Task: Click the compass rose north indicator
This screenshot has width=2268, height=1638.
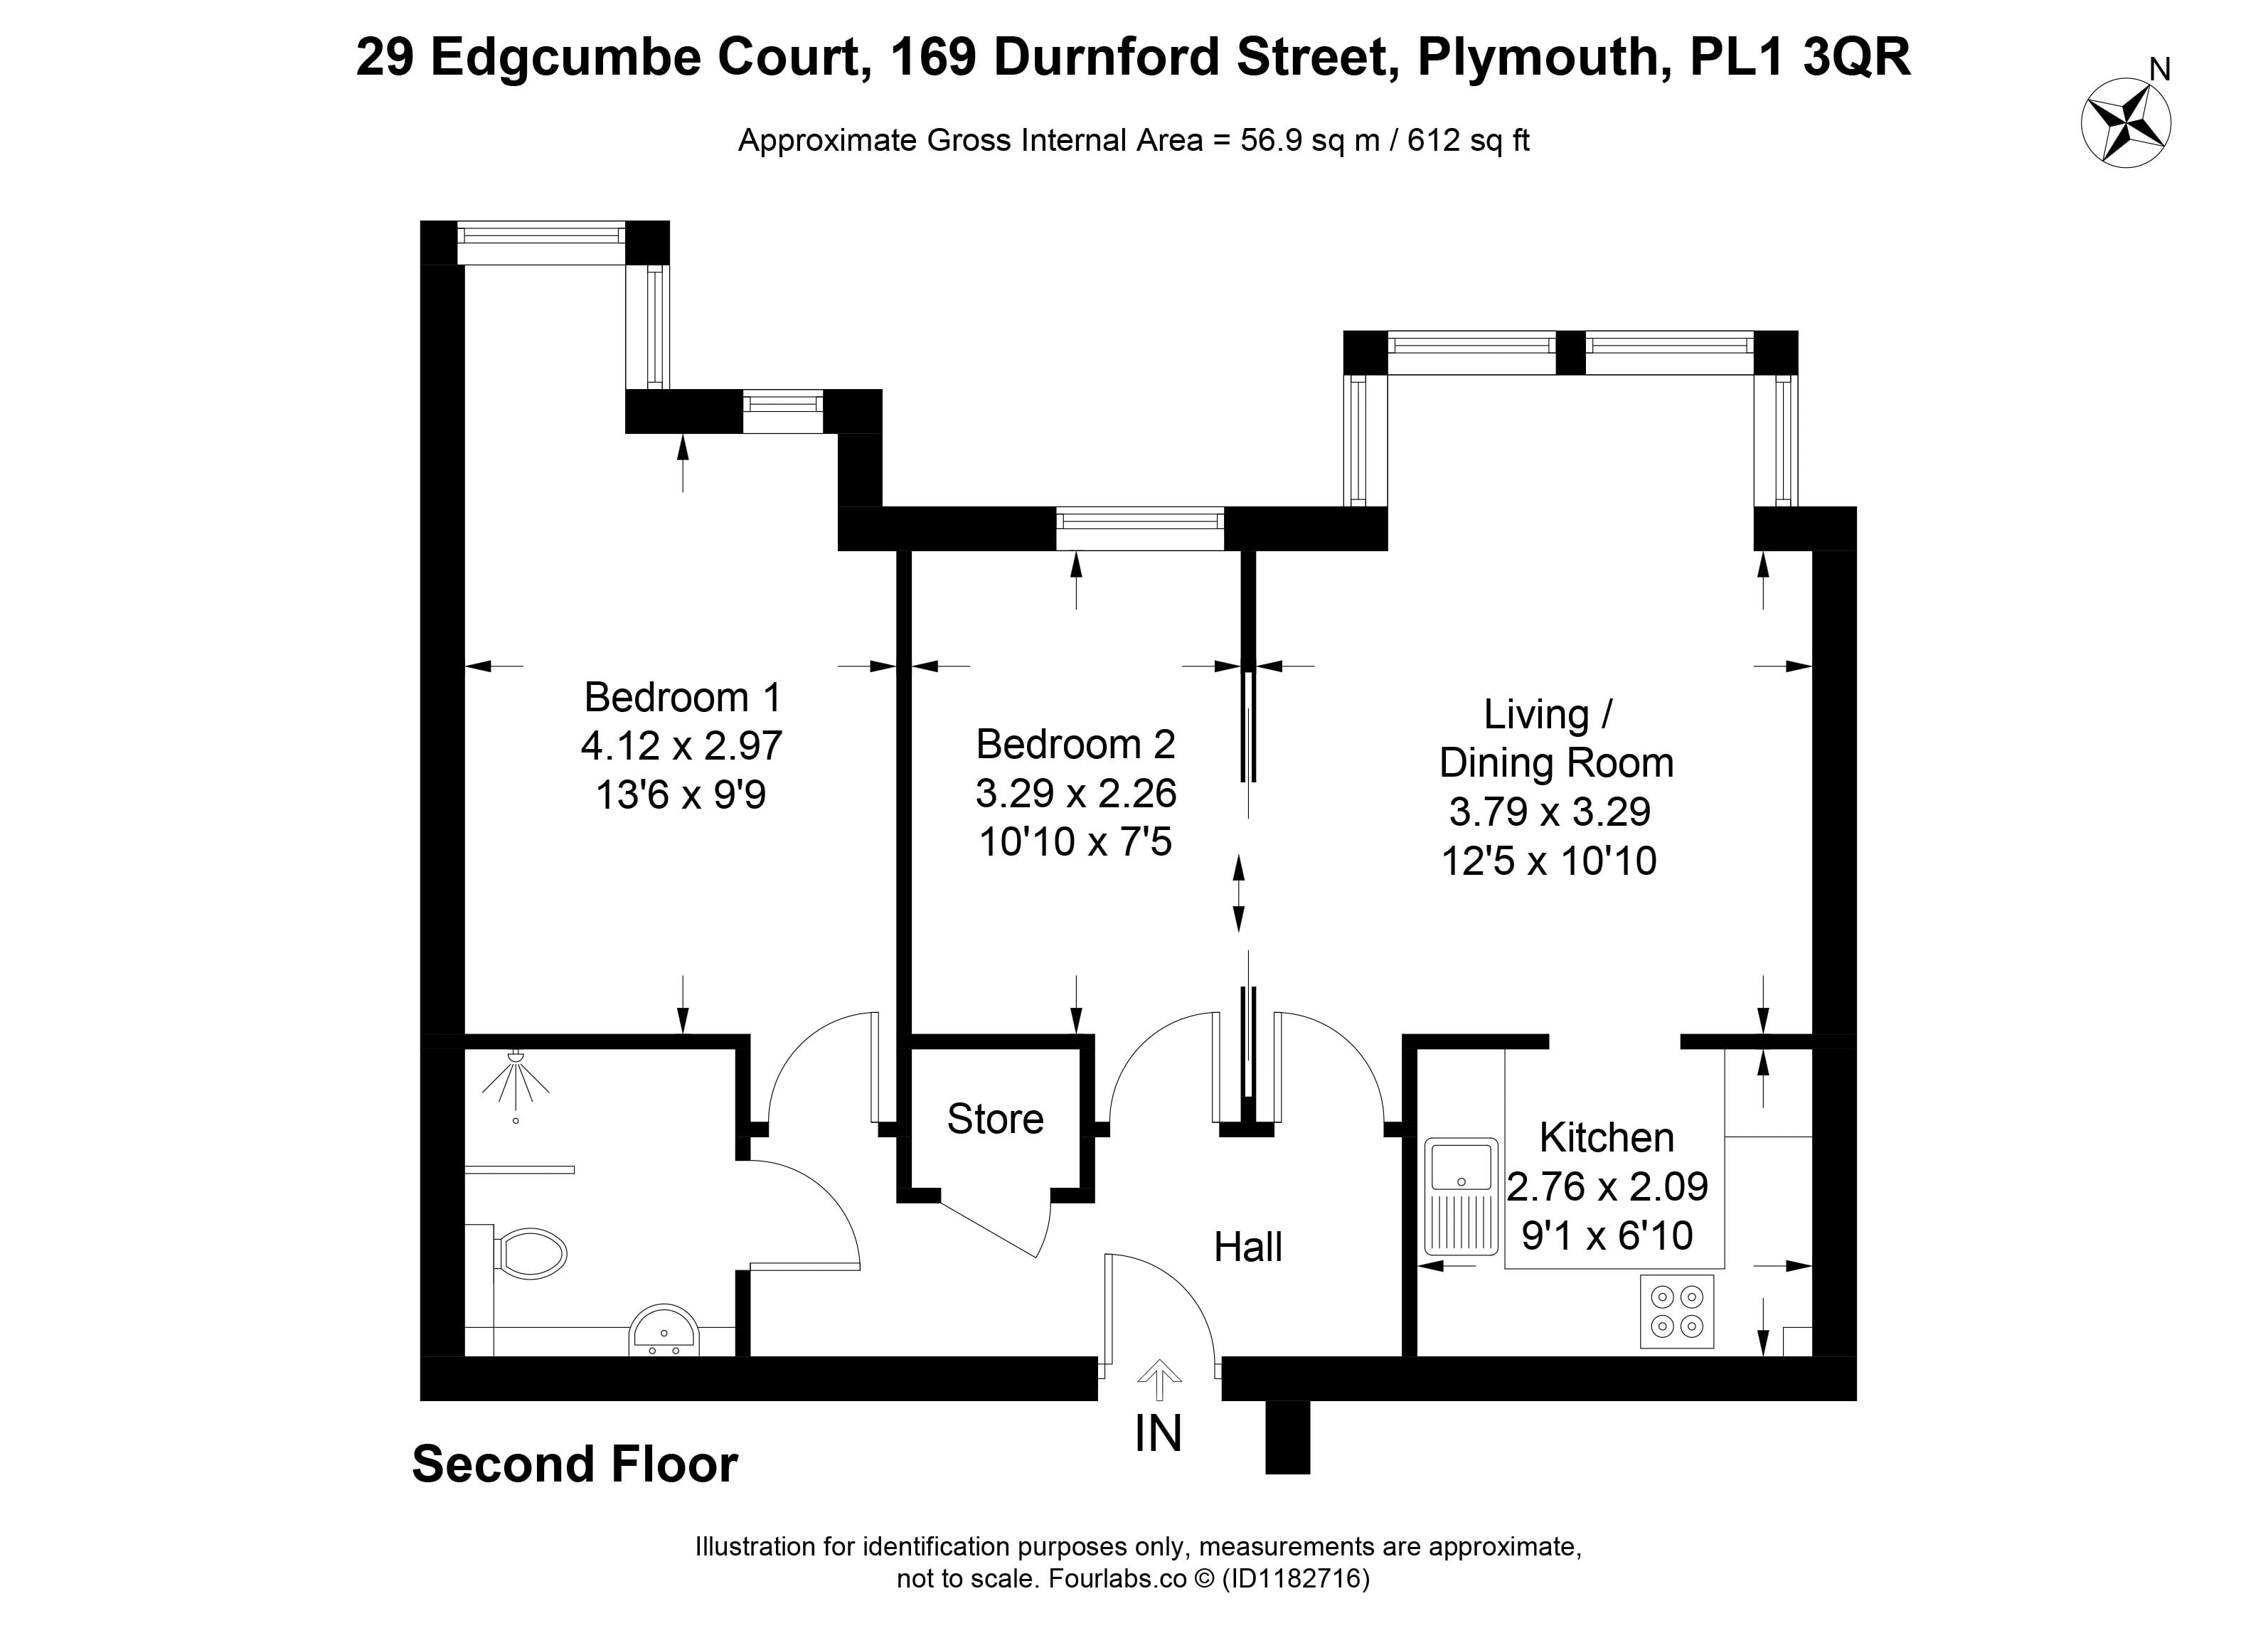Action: pos(2112,126)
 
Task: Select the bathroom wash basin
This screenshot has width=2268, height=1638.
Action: pos(664,1330)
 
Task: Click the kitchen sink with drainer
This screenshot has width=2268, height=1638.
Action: pos(1461,1196)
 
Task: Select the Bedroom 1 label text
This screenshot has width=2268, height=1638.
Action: pos(682,696)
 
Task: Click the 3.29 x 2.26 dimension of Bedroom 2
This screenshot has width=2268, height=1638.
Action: pos(1076,793)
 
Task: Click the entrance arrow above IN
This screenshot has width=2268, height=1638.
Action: pos(1160,1380)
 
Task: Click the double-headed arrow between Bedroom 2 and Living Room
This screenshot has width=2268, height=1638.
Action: pos(1239,893)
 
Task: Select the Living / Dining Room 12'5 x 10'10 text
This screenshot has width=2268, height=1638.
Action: pos(1549,860)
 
